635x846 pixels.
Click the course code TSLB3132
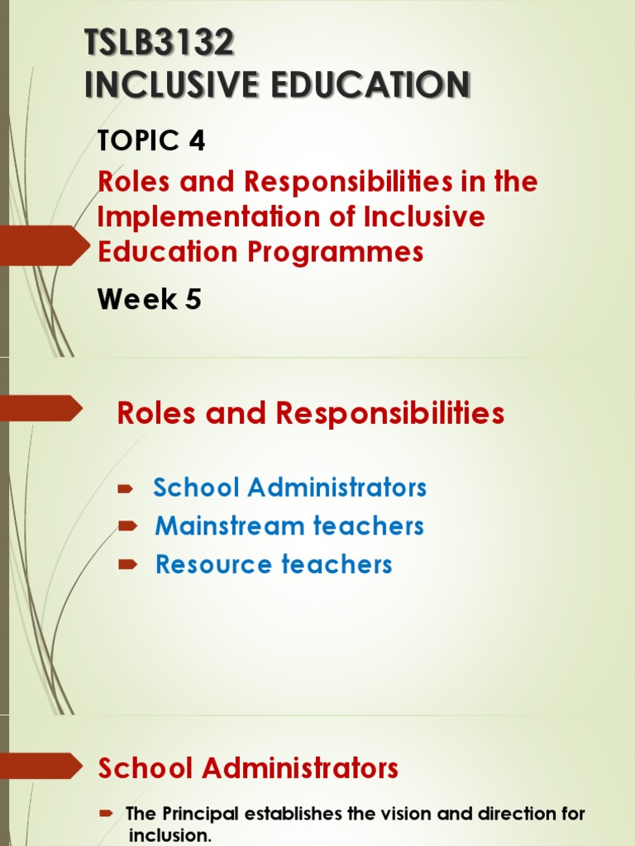point(160,43)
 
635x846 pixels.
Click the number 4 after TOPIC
point(197,141)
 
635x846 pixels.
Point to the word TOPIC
point(138,141)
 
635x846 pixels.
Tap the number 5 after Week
point(193,299)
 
